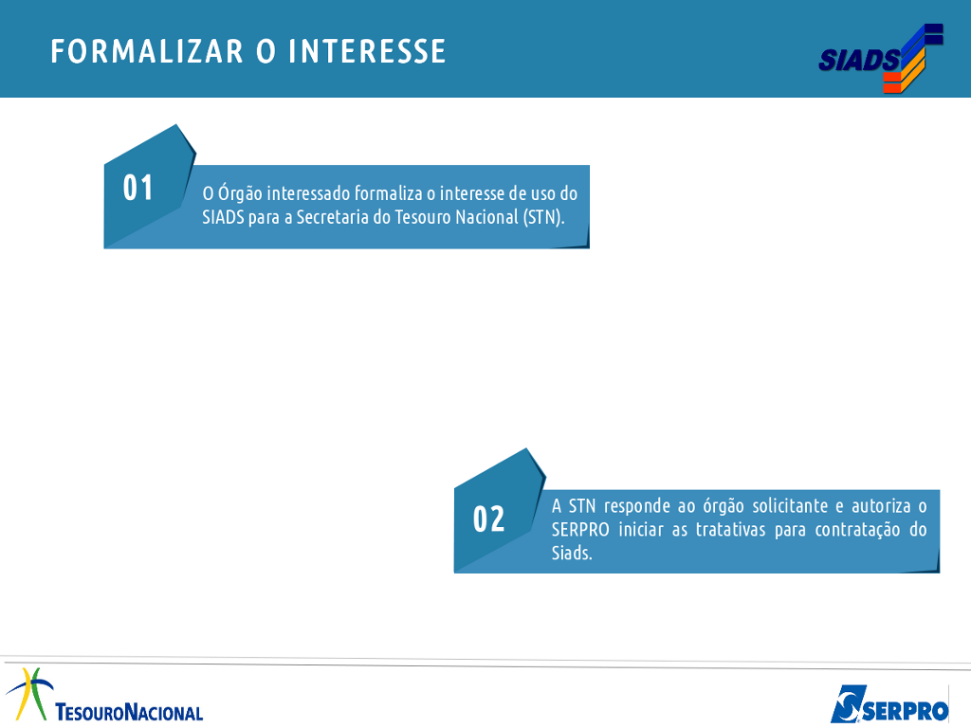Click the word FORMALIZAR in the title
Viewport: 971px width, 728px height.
click(147, 51)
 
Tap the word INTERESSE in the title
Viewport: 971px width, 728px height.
click(367, 51)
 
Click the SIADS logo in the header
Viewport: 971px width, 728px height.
click(881, 58)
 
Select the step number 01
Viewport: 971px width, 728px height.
click(137, 188)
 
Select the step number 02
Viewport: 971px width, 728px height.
click(488, 519)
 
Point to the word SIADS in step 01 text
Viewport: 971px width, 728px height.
click(223, 217)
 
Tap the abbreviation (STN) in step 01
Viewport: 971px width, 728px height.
click(543, 217)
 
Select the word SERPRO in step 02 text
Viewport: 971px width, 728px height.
click(580, 530)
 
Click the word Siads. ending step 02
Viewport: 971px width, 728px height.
click(572, 553)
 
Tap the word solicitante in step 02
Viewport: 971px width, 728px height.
click(790, 506)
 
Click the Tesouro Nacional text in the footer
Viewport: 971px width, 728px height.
click(129, 712)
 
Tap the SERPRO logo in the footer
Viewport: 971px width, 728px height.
click(889, 704)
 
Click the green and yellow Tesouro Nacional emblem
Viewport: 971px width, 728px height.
click(29, 693)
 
